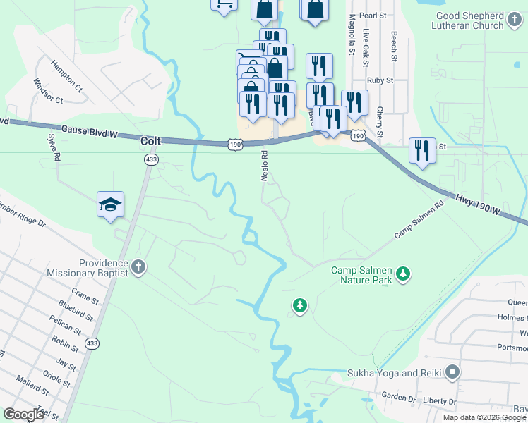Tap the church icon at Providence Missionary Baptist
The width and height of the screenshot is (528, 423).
pyautogui.click(x=138, y=267)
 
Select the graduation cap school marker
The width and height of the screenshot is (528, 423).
pyautogui.click(x=111, y=205)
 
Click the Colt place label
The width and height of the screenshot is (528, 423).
pyautogui.click(x=151, y=141)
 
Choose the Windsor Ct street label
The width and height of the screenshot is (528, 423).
pyautogui.click(x=48, y=91)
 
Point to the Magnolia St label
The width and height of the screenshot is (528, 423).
pyautogui.click(x=351, y=35)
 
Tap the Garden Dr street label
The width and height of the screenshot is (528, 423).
pyautogui.click(x=400, y=397)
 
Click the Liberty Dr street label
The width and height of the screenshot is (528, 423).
pyautogui.click(x=440, y=400)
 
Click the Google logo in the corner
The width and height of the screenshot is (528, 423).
pyautogui.click(x=24, y=415)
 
